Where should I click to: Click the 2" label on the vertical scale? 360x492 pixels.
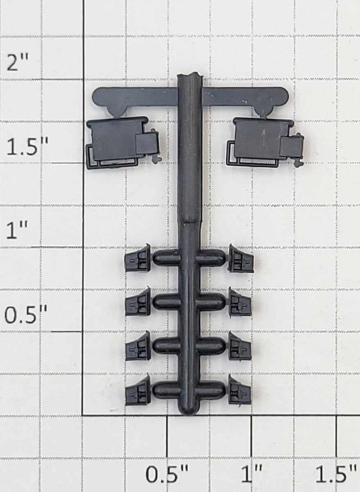tap(18, 63)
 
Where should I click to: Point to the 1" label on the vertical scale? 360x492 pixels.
tap(17, 230)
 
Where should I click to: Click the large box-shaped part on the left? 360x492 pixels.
tap(123, 143)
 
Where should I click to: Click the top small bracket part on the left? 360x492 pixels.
tap(138, 258)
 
